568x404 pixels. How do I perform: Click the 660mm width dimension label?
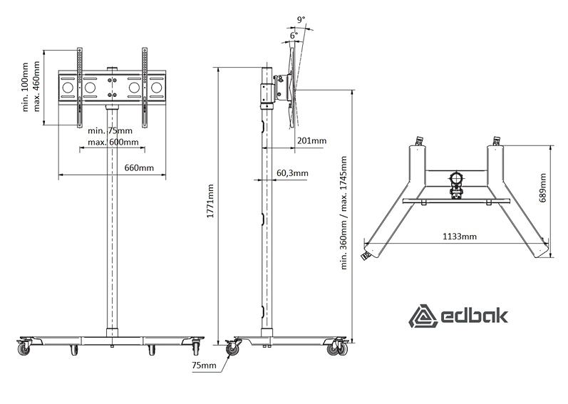click(139, 168)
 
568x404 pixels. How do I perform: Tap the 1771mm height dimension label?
click(210, 201)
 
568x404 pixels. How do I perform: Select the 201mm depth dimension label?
click(311, 140)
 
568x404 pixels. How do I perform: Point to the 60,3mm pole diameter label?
click(292, 173)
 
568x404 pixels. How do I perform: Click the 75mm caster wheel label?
click(204, 366)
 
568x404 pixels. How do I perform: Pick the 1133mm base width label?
click(460, 237)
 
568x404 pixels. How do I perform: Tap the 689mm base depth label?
click(542, 188)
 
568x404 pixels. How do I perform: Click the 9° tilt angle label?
click(301, 19)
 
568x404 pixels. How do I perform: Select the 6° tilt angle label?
click(294, 35)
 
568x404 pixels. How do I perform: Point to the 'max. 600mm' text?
click(113, 142)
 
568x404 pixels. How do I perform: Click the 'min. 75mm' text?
click(110, 130)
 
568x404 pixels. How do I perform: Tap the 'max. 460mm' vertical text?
click(36, 86)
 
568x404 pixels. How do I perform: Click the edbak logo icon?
click(423, 316)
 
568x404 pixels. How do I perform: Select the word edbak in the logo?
click(475, 316)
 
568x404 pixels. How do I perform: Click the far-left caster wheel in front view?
click(24, 348)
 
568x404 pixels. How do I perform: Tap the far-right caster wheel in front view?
click(196, 348)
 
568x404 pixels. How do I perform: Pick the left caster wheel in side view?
click(232, 349)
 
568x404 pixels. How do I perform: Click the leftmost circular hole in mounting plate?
click(68, 88)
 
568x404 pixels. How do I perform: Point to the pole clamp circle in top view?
click(456, 178)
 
